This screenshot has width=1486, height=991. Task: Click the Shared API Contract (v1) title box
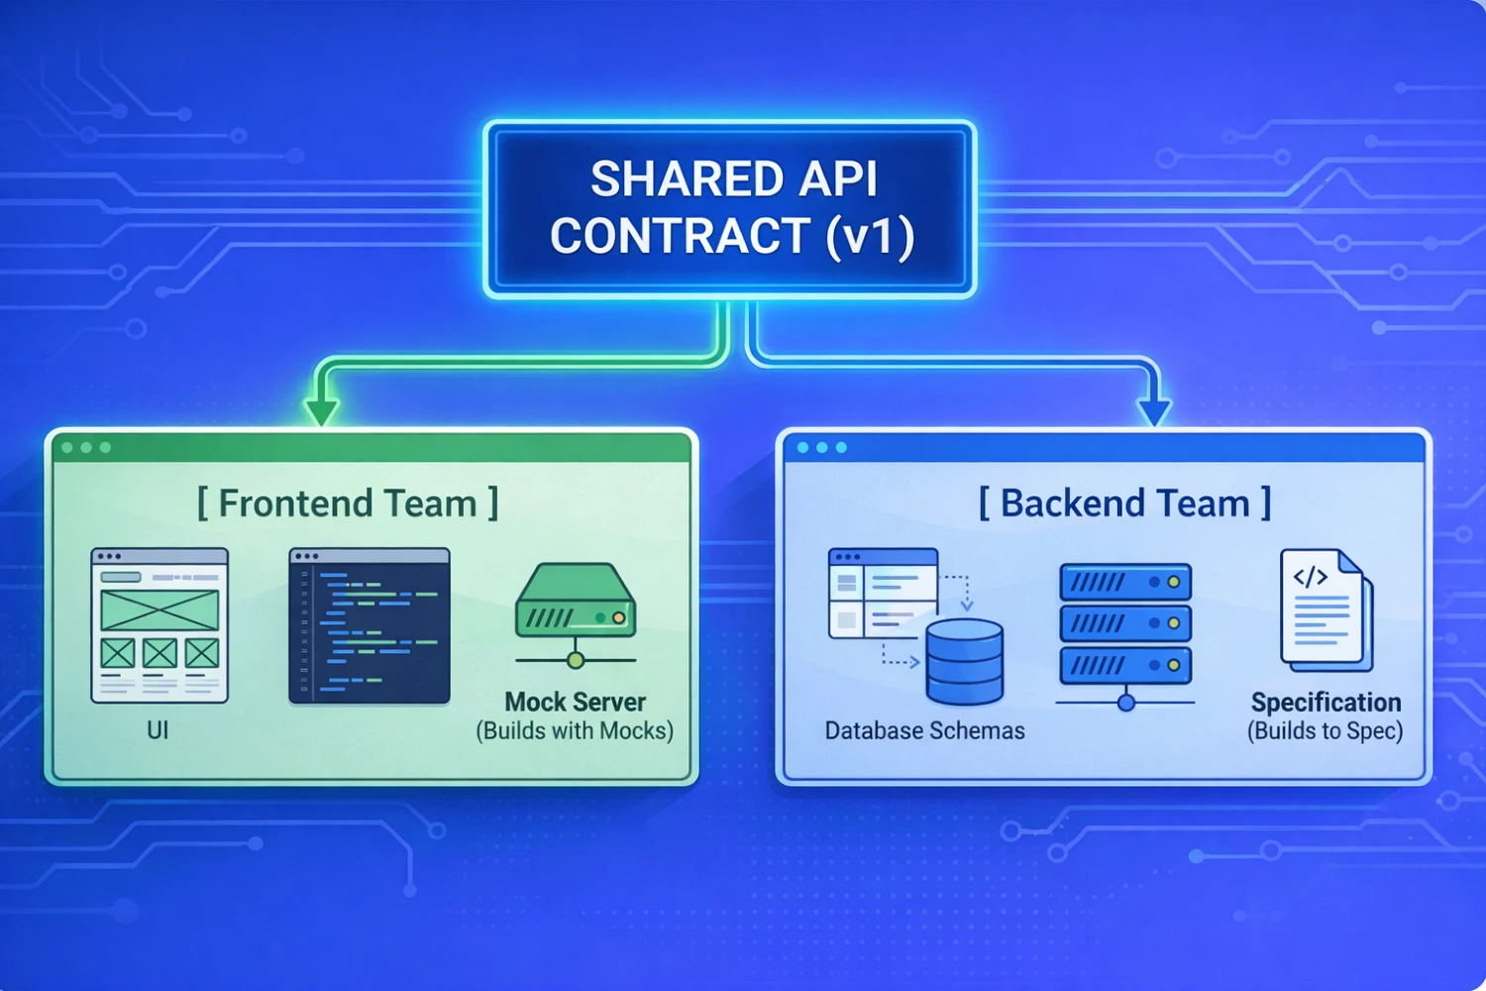(x=730, y=208)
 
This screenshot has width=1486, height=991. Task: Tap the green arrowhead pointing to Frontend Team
(x=321, y=411)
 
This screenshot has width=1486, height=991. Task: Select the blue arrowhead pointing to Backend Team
(x=1154, y=411)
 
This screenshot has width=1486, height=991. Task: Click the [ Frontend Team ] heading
(x=348, y=503)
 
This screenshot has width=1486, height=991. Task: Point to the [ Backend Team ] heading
(x=1125, y=503)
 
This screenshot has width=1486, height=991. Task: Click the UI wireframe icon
(x=159, y=625)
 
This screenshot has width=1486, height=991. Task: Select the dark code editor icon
(x=370, y=625)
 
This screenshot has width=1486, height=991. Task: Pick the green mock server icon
(x=576, y=605)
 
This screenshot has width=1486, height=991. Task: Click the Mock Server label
(x=575, y=702)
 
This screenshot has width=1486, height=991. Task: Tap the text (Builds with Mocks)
(x=575, y=731)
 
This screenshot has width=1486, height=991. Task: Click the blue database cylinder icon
(x=964, y=661)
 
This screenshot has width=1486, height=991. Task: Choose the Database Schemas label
(x=924, y=731)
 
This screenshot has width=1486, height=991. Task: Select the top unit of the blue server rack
(x=1125, y=583)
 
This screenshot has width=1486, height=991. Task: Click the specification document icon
(x=1326, y=609)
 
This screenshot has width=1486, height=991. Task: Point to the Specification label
(x=1326, y=703)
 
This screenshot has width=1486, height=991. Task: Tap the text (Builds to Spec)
(x=1326, y=731)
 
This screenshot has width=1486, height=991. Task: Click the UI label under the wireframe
(x=158, y=730)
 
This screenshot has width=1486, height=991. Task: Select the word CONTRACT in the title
(x=681, y=237)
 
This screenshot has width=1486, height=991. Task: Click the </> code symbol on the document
(x=1311, y=577)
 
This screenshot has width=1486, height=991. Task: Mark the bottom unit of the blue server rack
(x=1125, y=665)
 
